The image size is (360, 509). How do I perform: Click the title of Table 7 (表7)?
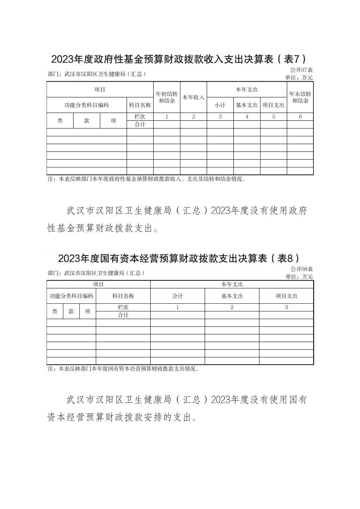pos(179,59)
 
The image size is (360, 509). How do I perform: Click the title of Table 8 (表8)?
pos(179,258)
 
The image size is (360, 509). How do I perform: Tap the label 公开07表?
pos(301,70)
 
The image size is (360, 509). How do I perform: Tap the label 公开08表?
pos(301,269)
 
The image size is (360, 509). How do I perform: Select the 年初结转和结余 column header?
pos(167,97)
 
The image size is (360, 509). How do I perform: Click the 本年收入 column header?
pos(193,97)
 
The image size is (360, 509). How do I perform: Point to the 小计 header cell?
pos(220,105)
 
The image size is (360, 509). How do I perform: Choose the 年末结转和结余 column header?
pos(300,97)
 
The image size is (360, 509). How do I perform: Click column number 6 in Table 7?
pos(300,117)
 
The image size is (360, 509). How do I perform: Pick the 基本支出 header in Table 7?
pos(247,105)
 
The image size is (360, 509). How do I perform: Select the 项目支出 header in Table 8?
pos(286,296)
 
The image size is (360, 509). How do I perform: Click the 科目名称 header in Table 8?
pos(123,296)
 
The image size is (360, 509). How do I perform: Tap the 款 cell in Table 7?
pos(86,121)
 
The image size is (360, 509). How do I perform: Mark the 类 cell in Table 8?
pos(55,311)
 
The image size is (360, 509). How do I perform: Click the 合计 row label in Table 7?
pos(140,124)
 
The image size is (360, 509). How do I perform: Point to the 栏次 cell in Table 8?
pos(123,307)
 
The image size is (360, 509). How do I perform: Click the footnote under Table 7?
pos(146,179)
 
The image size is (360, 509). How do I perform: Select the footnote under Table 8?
pos(123,369)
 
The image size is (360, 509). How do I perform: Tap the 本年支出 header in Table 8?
pos(232,284)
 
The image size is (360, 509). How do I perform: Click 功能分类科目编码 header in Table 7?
pos(86,105)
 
